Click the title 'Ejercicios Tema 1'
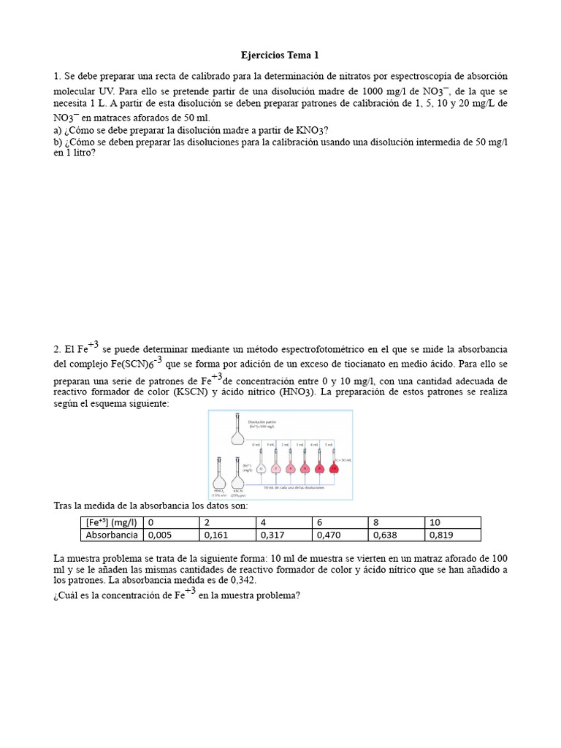click(x=280, y=56)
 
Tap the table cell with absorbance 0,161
click(x=227, y=535)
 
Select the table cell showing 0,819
click(x=451, y=535)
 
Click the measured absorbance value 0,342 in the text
click(x=240, y=580)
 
